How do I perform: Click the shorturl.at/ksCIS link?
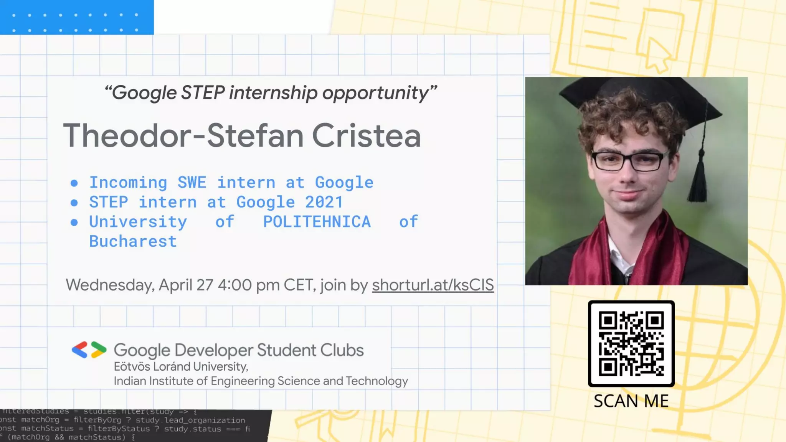(433, 285)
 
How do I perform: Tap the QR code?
(631, 343)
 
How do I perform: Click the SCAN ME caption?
(631, 401)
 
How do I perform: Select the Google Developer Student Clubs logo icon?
(89, 350)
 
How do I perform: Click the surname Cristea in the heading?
(367, 136)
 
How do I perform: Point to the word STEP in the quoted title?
(203, 93)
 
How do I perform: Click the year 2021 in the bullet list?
(324, 202)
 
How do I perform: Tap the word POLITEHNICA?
(317, 222)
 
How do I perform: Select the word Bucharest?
(133, 242)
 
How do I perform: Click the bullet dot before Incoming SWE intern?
(74, 183)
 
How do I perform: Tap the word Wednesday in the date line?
(110, 285)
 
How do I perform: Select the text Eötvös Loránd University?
(181, 367)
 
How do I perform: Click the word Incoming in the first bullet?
(128, 183)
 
